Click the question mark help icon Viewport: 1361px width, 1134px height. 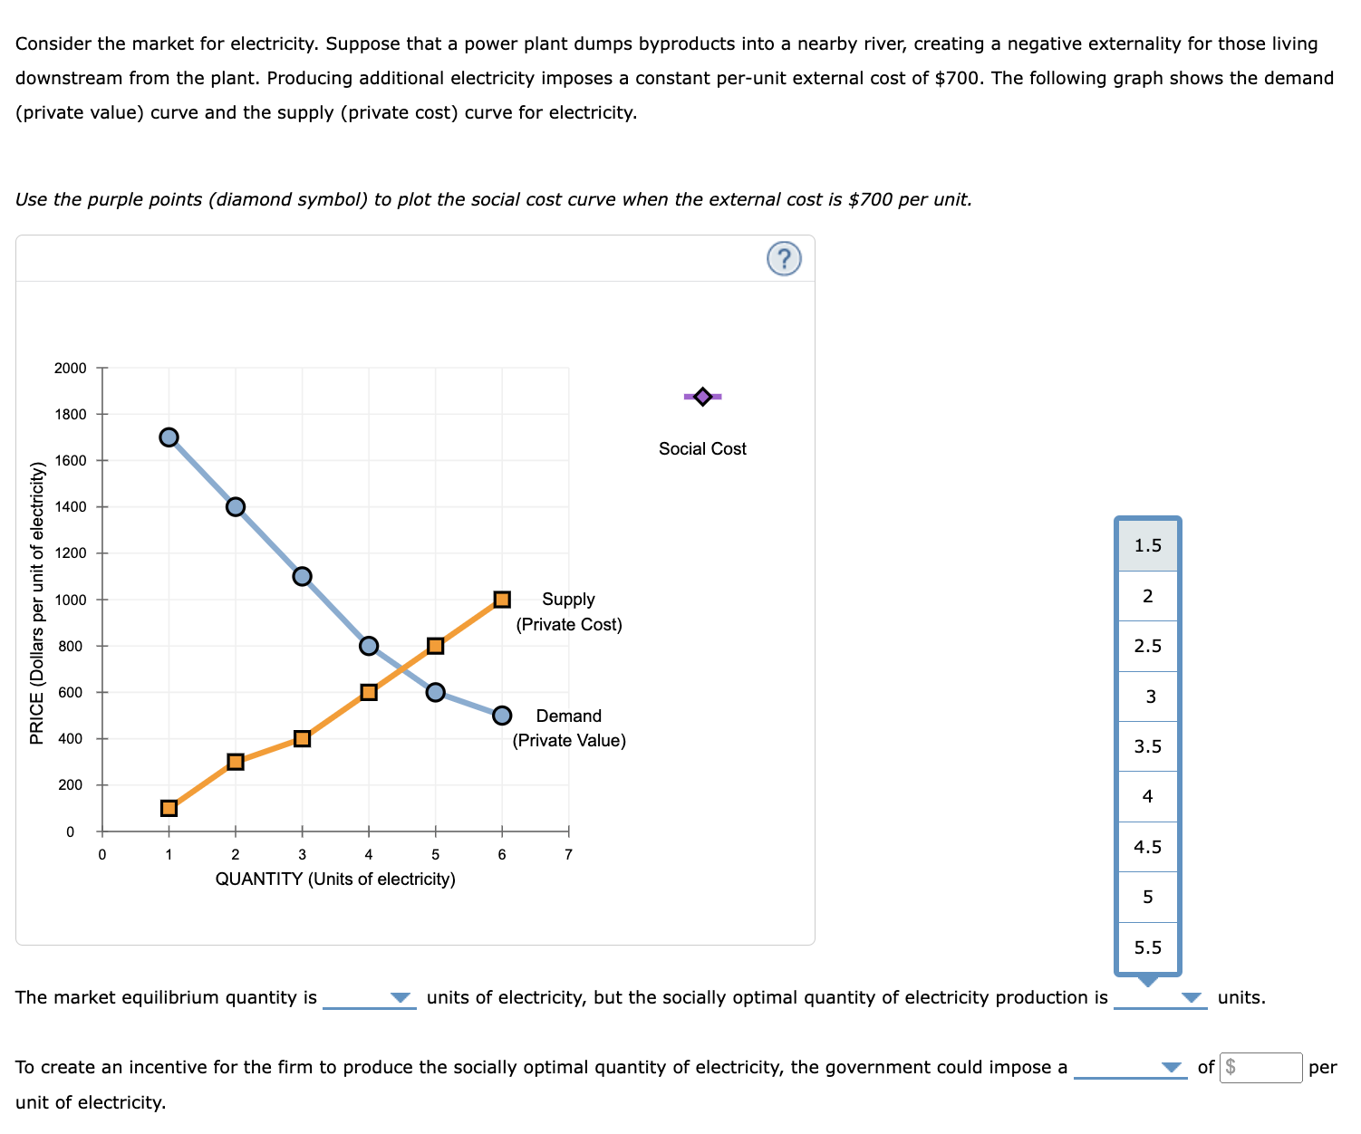784,259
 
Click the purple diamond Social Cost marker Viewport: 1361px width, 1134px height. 702,396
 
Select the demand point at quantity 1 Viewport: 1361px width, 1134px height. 169,437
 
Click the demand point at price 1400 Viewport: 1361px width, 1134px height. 236,506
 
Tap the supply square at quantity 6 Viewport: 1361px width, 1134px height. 502,600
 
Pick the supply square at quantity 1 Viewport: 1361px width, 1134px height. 169,808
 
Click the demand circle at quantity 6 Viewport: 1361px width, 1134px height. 502,716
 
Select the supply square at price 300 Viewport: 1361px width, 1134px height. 236,762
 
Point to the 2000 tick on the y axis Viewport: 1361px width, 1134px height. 71,368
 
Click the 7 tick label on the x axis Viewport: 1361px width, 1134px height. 568,854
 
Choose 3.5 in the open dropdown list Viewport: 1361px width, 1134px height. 1147,746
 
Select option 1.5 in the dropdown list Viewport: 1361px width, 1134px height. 1147,545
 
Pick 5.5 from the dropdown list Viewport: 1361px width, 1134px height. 1147,947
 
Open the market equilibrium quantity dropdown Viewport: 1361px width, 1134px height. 370,997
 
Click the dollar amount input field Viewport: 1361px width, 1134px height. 1261,1067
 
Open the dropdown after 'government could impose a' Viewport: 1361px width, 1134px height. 1130,1067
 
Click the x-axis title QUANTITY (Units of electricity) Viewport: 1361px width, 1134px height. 335,879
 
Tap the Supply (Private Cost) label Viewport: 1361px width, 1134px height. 569,611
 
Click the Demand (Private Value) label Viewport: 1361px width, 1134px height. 569,728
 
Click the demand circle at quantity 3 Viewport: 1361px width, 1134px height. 303,576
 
